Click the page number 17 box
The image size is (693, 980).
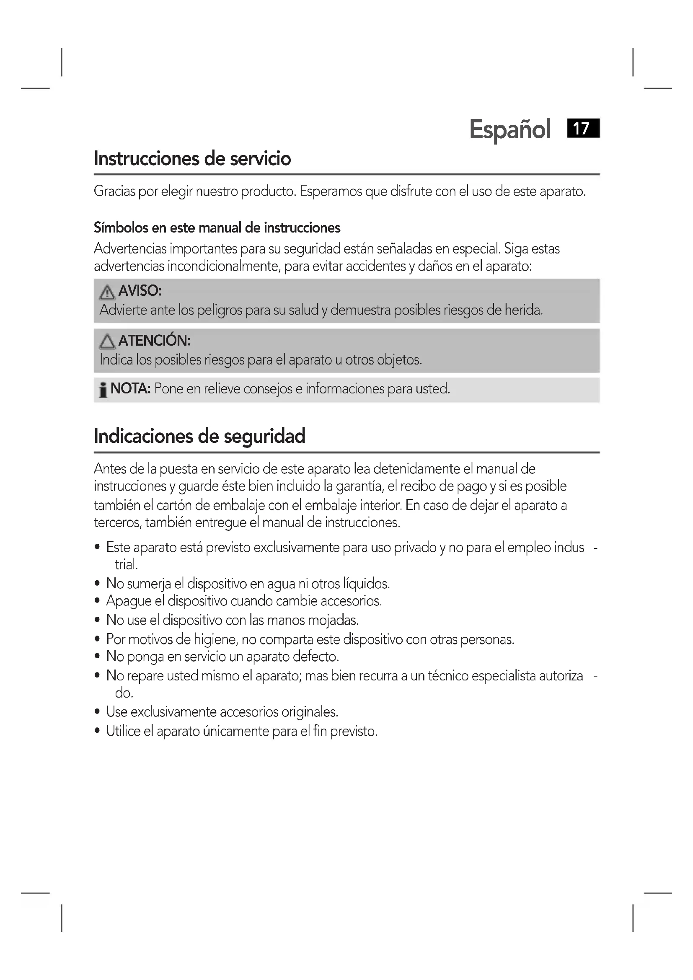[583, 129]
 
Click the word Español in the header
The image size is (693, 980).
[509, 129]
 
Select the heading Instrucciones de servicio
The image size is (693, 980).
[192, 159]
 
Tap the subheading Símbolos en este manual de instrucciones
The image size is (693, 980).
[217, 228]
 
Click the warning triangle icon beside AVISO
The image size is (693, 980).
[107, 292]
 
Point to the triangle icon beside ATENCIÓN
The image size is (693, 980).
[107, 342]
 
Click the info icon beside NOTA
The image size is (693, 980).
[103, 390]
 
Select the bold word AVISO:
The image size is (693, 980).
[140, 291]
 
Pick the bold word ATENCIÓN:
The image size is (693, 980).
[154, 341]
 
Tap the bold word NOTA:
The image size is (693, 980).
[130, 389]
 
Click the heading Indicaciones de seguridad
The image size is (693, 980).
[199, 436]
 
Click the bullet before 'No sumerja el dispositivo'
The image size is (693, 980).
[98, 584]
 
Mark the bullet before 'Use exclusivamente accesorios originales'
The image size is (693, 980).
[98, 712]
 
